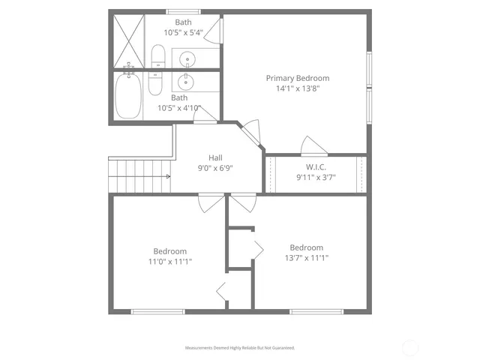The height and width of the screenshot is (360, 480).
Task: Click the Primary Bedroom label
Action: pyautogui.click(x=298, y=78)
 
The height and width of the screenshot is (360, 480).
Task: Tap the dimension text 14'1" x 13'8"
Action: pyautogui.click(x=298, y=88)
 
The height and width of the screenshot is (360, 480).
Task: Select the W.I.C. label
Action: pyautogui.click(x=315, y=166)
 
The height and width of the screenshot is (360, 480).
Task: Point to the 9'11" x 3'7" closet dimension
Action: pyautogui.click(x=315, y=178)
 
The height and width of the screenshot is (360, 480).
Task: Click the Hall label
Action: pyautogui.click(x=215, y=157)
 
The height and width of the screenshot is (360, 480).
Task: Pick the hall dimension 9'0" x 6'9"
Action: pyautogui.click(x=215, y=168)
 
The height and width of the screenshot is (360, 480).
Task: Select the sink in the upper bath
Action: pyautogui.click(x=187, y=57)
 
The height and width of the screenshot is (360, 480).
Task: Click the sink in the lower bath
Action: pyautogui.click(x=187, y=81)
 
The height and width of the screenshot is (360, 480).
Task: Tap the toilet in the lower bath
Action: pyautogui.click(x=155, y=84)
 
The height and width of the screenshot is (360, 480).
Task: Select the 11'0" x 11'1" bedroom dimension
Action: pyautogui.click(x=170, y=262)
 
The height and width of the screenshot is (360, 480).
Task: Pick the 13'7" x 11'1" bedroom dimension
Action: pyautogui.click(x=306, y=258)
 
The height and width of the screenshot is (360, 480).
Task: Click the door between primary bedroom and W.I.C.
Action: pyautogui.click(x=312, y=145)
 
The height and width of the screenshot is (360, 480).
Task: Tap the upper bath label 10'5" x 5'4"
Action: pyautogui.click(x=183, y=33)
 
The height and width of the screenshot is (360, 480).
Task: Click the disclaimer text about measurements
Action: pyautogui.click(x=240, y=348)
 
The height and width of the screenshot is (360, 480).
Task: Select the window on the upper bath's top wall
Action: pyautogui.click(x=183, y=11)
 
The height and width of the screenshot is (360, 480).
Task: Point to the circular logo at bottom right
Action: pyautogui.click(x=410, y=347)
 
